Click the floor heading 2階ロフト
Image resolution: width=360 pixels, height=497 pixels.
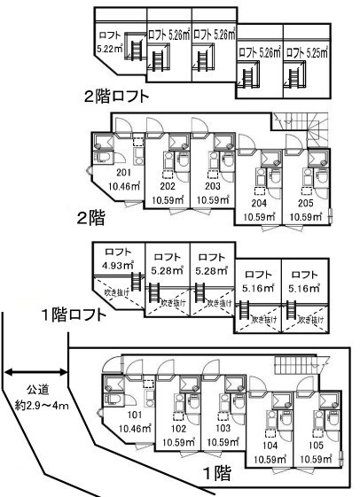(x=115, y=95)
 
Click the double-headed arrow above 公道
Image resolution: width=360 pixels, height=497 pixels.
(x=36, y=370)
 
